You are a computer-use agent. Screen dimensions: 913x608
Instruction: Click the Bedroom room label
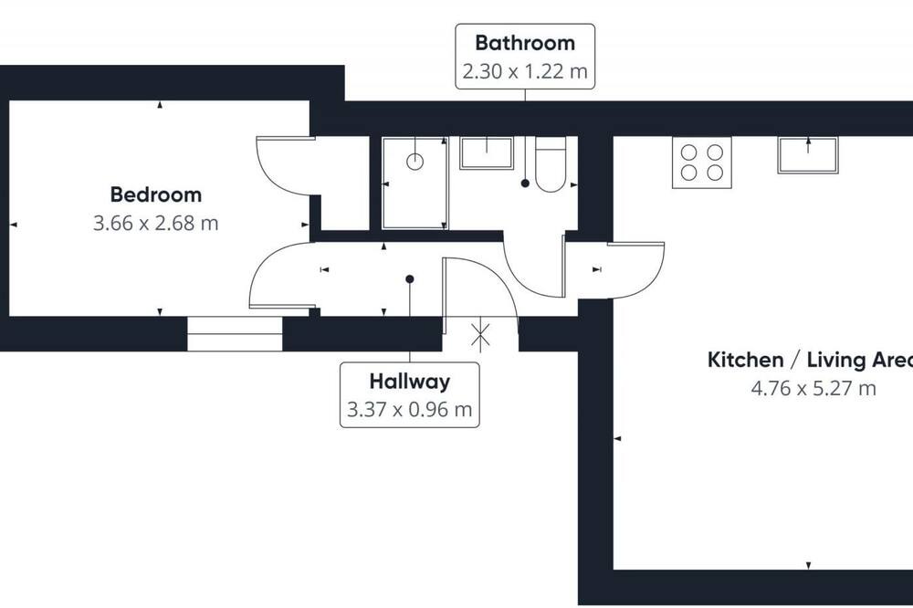[155, 194]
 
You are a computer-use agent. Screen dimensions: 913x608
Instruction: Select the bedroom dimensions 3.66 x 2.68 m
[155, 223]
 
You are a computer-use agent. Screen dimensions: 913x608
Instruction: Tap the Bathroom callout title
[525, 43]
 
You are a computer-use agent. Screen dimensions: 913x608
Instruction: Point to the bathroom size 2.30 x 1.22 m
[525, 71]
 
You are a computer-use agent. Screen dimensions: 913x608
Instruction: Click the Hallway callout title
[409, 382]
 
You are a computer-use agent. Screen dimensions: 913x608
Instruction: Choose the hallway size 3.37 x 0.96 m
[409, 409]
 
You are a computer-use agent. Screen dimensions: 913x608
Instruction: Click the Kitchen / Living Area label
[810, 360]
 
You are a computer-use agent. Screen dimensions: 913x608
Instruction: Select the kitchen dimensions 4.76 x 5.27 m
[813, 388]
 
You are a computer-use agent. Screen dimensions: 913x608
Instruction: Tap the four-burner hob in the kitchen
[701, 162]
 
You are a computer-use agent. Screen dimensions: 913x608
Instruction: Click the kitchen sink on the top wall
[808, 155]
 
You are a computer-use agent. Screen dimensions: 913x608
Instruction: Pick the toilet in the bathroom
[551, 165]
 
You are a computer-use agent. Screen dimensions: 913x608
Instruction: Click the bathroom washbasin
[487, 153]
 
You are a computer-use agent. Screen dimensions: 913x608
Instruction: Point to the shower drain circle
[415, 162]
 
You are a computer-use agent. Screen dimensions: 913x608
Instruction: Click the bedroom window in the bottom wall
[235, 334]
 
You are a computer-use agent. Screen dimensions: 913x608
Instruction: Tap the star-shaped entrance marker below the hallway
[480, 337]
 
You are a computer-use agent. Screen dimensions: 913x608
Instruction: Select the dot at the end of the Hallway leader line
[409, 279]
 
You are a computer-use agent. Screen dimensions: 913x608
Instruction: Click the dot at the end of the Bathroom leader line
[525, 183]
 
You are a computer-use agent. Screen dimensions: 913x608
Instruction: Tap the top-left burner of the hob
[688, 152]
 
